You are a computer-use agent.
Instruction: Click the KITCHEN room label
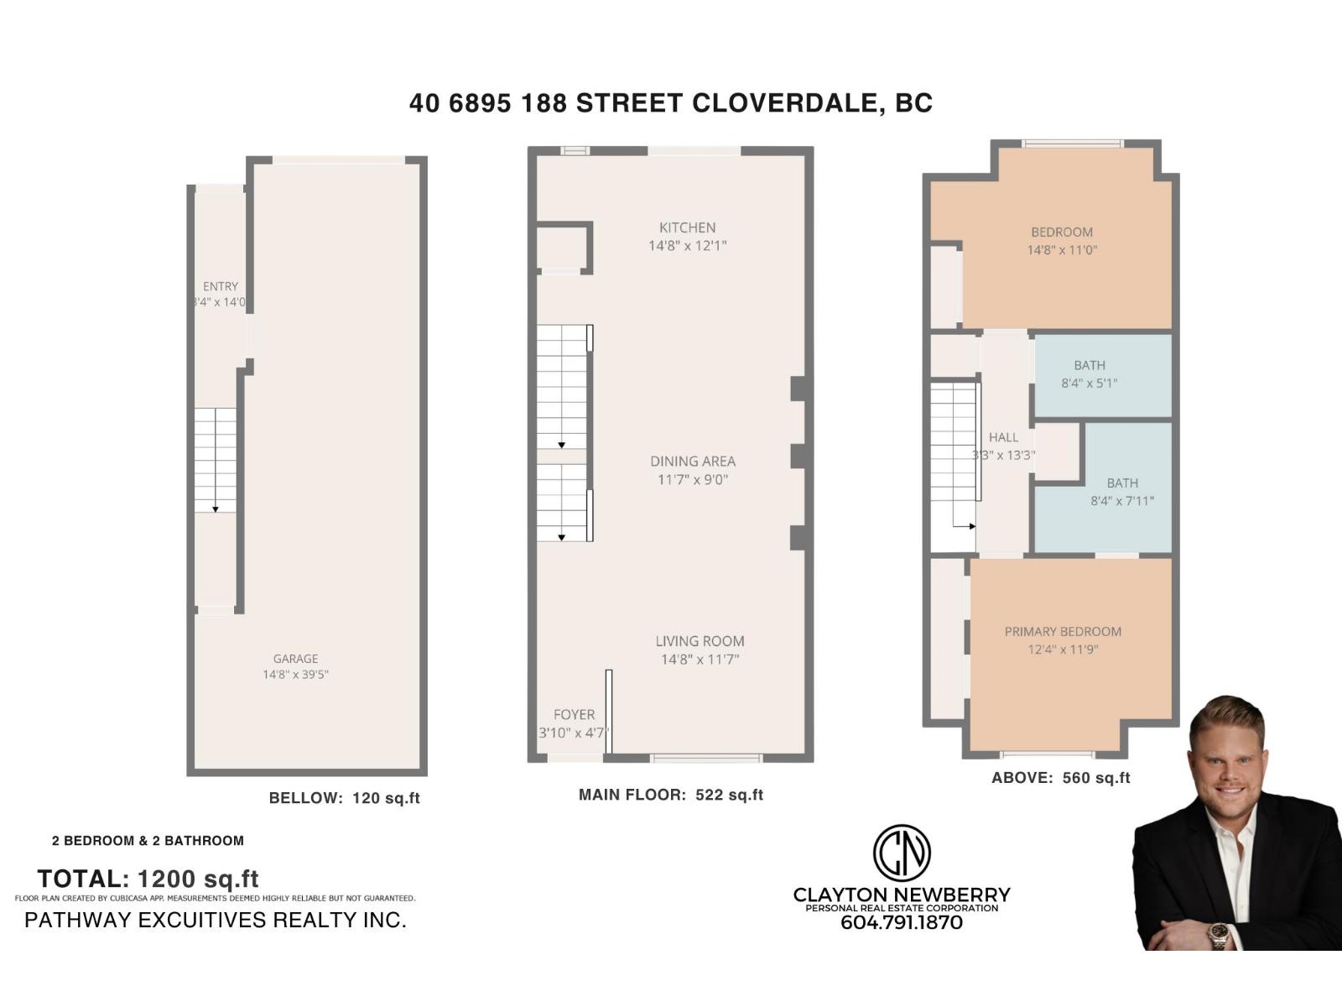pos(687,227)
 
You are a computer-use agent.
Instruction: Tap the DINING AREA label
pos(693,461)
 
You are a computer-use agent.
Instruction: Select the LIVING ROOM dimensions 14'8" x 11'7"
pos(700,660)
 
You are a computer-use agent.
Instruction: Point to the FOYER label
pos(574,714)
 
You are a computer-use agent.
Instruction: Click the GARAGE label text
pos(295,659)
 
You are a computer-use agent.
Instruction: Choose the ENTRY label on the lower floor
pos(221,286)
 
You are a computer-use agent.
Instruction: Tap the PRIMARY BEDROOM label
pos(1063,631)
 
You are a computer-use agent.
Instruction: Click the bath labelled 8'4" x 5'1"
pos(1089,374)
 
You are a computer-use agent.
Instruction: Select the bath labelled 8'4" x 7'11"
pos(1121,492)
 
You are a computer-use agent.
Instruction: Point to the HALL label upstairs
pos(1003,437)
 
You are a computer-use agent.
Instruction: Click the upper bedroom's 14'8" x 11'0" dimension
pos(1062,250)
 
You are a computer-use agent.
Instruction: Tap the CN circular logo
pos(902,853)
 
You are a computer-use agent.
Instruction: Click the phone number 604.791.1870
pos(902,922)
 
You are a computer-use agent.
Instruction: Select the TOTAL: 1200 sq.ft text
pos(148,879)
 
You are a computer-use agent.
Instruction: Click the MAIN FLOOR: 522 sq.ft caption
pos(670,795)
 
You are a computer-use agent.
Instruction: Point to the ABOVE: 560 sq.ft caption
pos(1060,778)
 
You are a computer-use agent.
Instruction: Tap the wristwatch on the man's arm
pos(1218,934)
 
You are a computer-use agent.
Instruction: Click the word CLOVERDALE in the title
pos(785,103)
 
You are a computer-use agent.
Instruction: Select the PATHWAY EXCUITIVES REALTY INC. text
pos(216,920)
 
